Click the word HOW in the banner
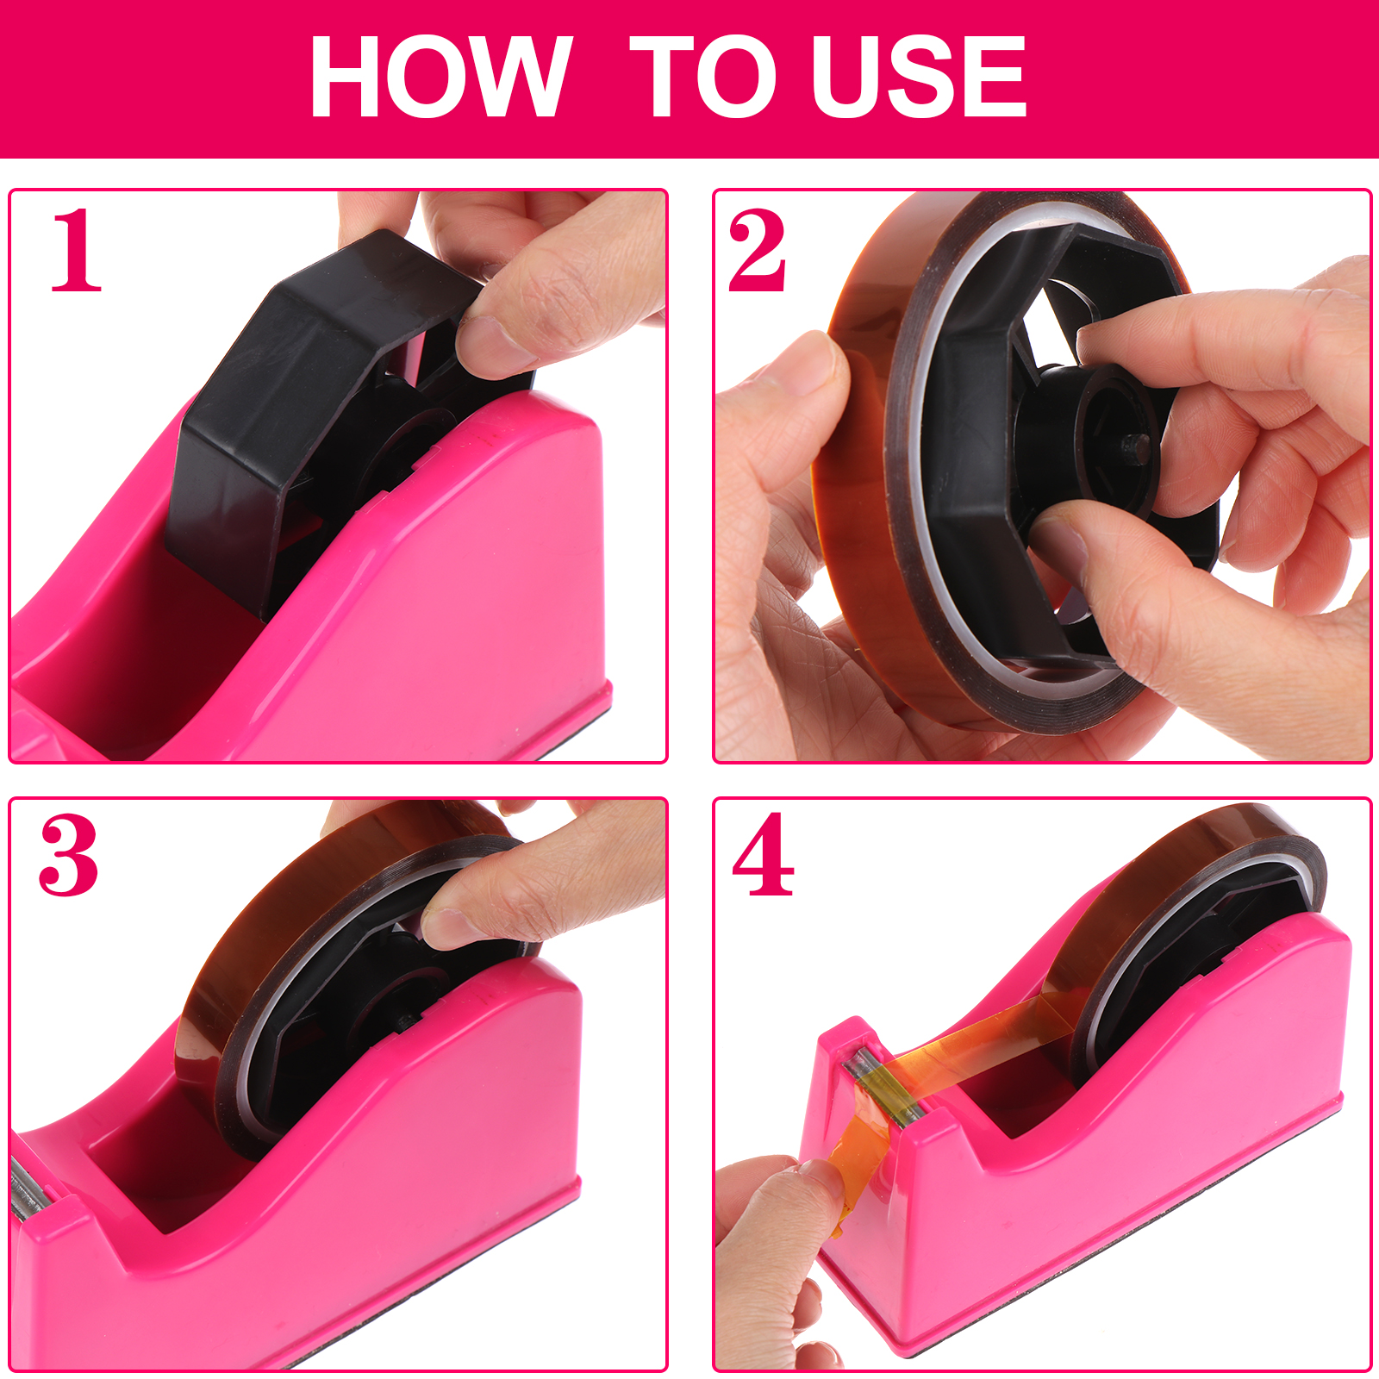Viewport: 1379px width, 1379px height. pyautogui.click(x=440, y=77)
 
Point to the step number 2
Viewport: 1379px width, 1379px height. pyautogui.click(x=757, y=251)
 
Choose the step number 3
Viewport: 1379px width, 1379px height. pyautogui.click(x=69, y=855)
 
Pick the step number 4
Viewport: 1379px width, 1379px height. pyautogui.click(x=763, y=855)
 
